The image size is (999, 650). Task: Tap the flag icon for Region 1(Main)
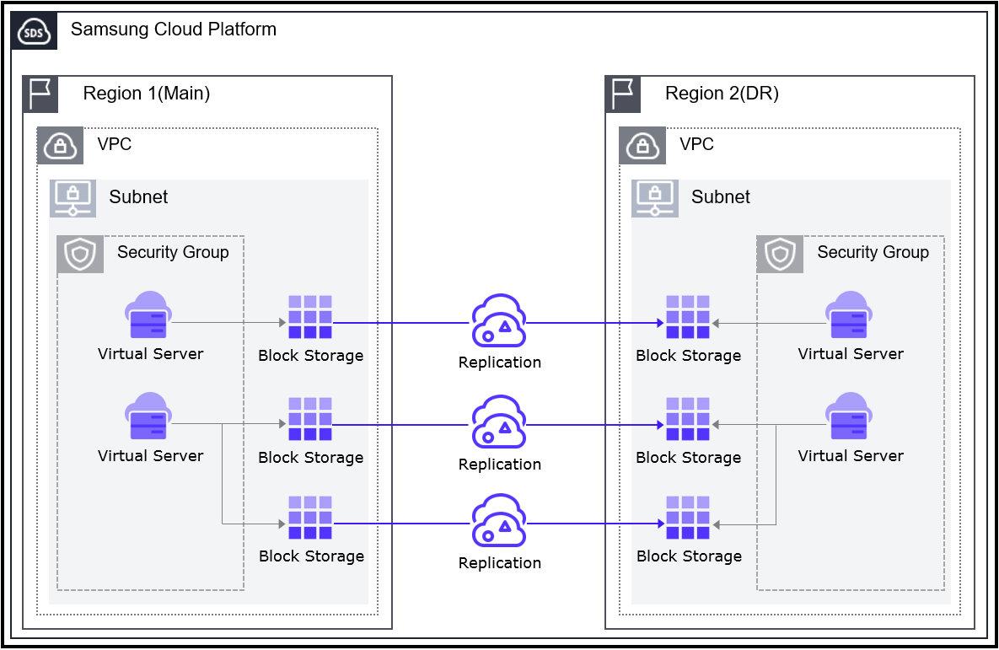[x=40, y=94]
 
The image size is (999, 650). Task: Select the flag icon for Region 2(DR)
[x=623, y=94]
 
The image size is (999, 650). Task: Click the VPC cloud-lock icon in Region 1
[x=61, y=145]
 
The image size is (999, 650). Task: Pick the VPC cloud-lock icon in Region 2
[x=643, y=145]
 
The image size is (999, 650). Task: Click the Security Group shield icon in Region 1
[x=80, y=254]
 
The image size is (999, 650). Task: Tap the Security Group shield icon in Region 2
[x=781, y=254]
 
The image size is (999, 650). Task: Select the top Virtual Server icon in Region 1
[x=149, y=316]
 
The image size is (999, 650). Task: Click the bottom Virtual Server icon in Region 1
[x=149, y=417]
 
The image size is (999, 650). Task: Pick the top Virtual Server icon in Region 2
[x=849, y=316]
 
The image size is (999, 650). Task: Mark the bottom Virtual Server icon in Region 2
[x=849, y=417]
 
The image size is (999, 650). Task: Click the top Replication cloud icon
[x=498, y=321]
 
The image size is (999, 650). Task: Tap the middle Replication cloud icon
[x=498, y=423]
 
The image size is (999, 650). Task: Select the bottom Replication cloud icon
[x=498, y=522]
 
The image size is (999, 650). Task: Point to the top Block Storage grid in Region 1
[x=310, y=317]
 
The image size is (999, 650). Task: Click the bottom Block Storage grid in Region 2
[x=688, y=518]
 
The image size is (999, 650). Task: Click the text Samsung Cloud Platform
[x=174, y=30]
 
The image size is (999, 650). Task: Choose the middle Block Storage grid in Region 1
[x=310, y=419]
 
